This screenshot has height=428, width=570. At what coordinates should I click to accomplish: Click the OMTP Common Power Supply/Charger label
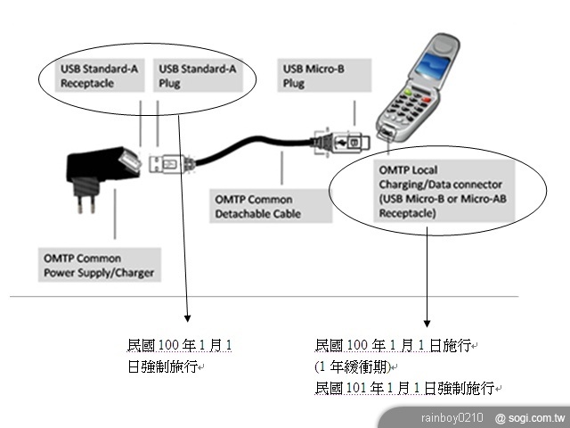pos(99,266)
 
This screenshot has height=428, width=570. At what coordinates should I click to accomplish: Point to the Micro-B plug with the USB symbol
pos(343,142)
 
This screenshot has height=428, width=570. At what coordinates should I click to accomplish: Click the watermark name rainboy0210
pos(452,417)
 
